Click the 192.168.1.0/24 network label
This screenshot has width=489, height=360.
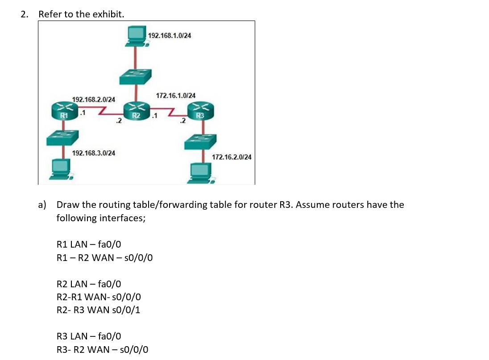[170, 35]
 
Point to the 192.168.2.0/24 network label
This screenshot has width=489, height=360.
[94, 99]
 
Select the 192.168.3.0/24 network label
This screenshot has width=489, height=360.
[94, 153]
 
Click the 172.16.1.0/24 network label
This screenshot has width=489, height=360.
[175, 95]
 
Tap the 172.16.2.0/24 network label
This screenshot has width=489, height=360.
[232, 157]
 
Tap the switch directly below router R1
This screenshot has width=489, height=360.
[62, 138]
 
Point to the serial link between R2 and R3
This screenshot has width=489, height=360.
[169, 110]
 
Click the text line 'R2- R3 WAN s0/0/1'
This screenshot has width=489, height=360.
[99, 310]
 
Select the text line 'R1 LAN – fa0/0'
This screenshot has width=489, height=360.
[89, 244]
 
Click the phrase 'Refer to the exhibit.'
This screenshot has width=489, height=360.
[81, 14]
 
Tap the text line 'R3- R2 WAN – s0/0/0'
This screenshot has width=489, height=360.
[103, 349]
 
